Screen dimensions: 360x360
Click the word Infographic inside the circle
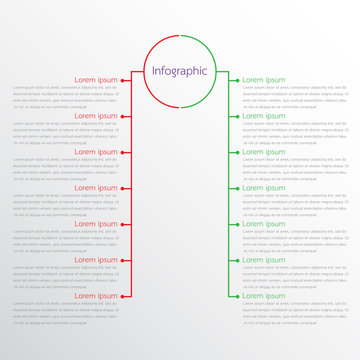pyautogui.click(x=180, y=71)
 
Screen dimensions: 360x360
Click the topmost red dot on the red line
pyautogui.click(x=123, y=80)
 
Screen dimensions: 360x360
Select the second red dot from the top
pyautogui.click(x=123, y=116)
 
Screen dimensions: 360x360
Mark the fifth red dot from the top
pyautogui.click(x=123, y=224)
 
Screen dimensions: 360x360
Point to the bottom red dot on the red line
pyautogui.click(x=123, y=296)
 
